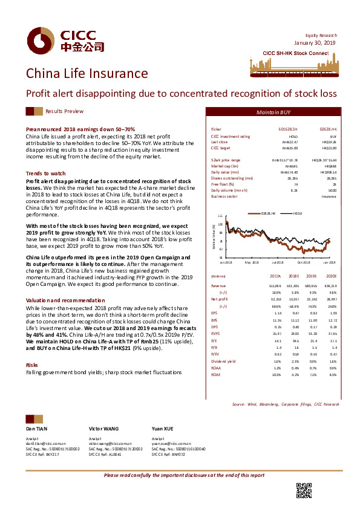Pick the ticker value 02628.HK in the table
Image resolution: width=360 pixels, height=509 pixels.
click(327, 129)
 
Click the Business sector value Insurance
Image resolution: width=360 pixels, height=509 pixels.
click(329, 197)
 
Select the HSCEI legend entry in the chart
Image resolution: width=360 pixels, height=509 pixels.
click(298, 214)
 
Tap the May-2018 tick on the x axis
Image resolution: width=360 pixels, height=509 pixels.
click(251, 262)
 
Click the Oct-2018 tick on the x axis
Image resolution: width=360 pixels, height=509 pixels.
click(304, 262)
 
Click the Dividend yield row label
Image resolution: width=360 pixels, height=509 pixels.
click(221, 361)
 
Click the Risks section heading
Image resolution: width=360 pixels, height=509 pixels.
click(32, 365)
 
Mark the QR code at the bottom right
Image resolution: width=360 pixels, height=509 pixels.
click(303, 491)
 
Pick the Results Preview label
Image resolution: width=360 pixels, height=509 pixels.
click(64, 112)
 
